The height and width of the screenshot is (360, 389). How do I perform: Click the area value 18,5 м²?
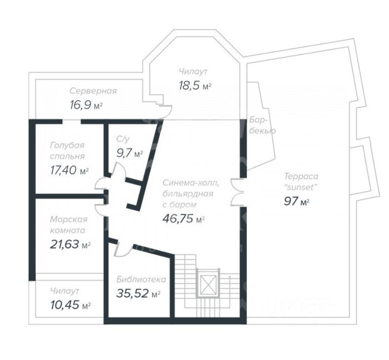195,86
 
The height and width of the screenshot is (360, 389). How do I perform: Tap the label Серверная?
93,91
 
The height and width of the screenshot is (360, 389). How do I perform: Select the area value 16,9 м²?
86,105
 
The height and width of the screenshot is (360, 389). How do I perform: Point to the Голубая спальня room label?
67,151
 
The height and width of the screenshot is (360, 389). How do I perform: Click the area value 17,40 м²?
69,171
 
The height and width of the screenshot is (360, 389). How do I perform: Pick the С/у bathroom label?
123,139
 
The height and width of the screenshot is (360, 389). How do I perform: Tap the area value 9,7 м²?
130,154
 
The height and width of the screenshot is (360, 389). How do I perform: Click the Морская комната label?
69,225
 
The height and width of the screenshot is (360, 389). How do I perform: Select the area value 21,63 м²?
70,245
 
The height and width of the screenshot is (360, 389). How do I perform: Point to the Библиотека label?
141,280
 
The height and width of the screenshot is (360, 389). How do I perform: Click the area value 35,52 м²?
138,293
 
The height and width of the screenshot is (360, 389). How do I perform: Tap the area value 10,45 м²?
70,305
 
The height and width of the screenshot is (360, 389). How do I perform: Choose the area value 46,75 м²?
183,218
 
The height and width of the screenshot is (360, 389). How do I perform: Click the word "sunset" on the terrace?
300,187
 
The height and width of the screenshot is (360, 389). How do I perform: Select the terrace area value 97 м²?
297,201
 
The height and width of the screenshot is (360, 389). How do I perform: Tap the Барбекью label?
262,126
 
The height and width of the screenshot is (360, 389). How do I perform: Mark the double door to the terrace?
237,192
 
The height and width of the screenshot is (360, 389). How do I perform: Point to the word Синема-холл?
191,183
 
